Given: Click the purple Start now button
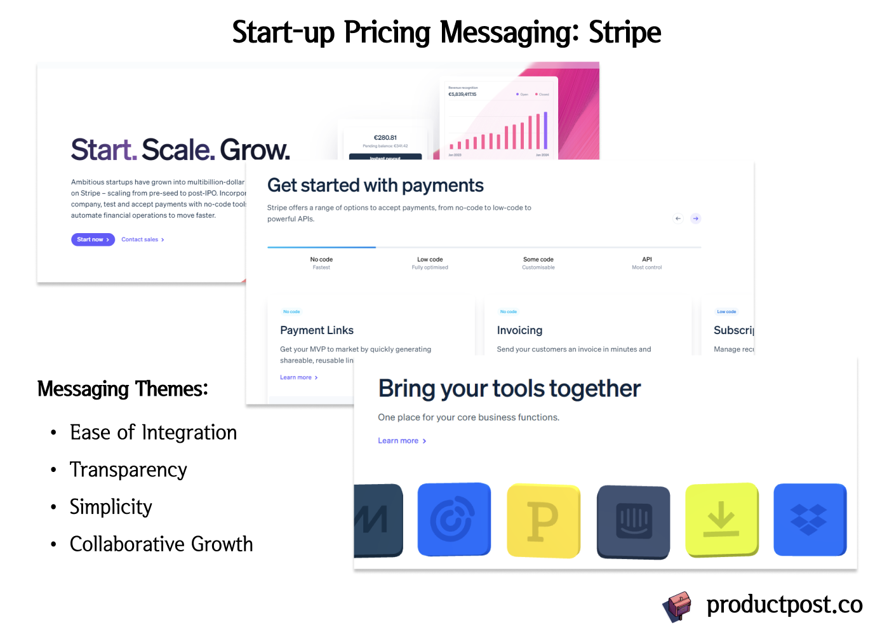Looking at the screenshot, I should pyautogui.click(x=93, y=239).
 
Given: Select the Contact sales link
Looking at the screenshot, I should pyautogui.click(x=142, y=239).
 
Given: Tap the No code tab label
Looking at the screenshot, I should pyautogui.click(x=321, y=260).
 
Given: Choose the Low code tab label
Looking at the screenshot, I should pyautogui.click(x=430, y=260).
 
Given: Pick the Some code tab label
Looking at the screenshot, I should pyautogui.click(x=538, y=260).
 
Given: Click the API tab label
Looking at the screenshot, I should pyautogui.click(x=646, y=260).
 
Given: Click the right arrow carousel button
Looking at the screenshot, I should pyautogui.click(x=696, y=219).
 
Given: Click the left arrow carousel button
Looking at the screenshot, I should pyautogui.click(x=678, y=219).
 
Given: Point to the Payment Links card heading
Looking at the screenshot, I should pyautogui.click(x=317, y=330).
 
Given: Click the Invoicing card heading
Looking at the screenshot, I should pyautogui.click(x=519, y=330).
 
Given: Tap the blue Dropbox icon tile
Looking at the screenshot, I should pyautogui.click(x=810, y=520).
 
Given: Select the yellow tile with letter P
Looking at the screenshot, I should pyautogui.click(x=544, y=521).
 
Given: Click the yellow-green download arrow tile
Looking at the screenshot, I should pyautogui.click(x=722, y=520).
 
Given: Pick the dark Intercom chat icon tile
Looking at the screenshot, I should pyautogui.click(x=634, y=521).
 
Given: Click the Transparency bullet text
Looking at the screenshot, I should pyautogui.click(x=128, y=470).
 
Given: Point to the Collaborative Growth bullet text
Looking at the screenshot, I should pyautogui.click(x=161, y=544).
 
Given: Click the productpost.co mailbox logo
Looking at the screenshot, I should pyautogui.click(x=677, y=606).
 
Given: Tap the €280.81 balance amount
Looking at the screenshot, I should pyautogui.click(x=385, y=138).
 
